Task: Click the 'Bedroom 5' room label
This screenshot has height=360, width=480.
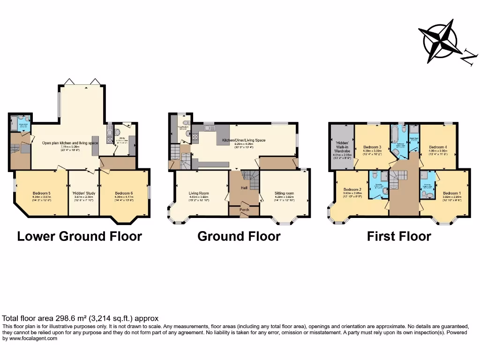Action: coord(42,193)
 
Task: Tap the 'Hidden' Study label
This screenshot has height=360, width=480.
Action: coord(83,193)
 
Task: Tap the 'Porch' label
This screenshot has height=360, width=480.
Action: coord(244,210)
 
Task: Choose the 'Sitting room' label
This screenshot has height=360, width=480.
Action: coord(284,193)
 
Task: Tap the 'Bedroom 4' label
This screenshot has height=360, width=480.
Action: coord(438,147)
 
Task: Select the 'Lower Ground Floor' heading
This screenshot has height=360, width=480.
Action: coord(79,236)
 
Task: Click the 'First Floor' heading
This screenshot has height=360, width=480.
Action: coord(398,236)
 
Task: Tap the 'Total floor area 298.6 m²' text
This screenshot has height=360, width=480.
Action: coord(81,318)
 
